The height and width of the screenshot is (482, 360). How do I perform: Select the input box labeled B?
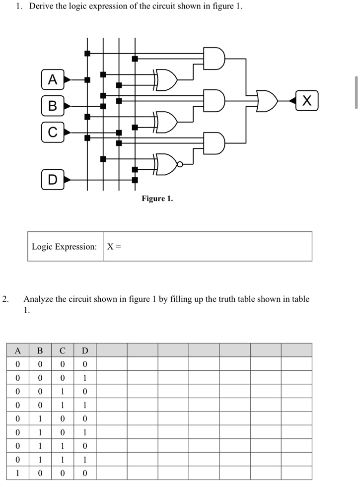[53, 106]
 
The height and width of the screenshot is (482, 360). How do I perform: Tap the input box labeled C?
[53, 132]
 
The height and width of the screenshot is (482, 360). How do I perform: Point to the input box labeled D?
[53, 179]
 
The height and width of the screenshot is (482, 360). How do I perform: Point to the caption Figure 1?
[157, 199]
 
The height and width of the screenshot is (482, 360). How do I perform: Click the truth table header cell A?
[18, 350]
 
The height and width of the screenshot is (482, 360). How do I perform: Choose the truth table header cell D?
[85, 350]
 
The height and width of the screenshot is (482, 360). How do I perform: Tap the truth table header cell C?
[63, 350]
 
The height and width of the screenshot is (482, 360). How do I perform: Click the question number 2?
[5, 299]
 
